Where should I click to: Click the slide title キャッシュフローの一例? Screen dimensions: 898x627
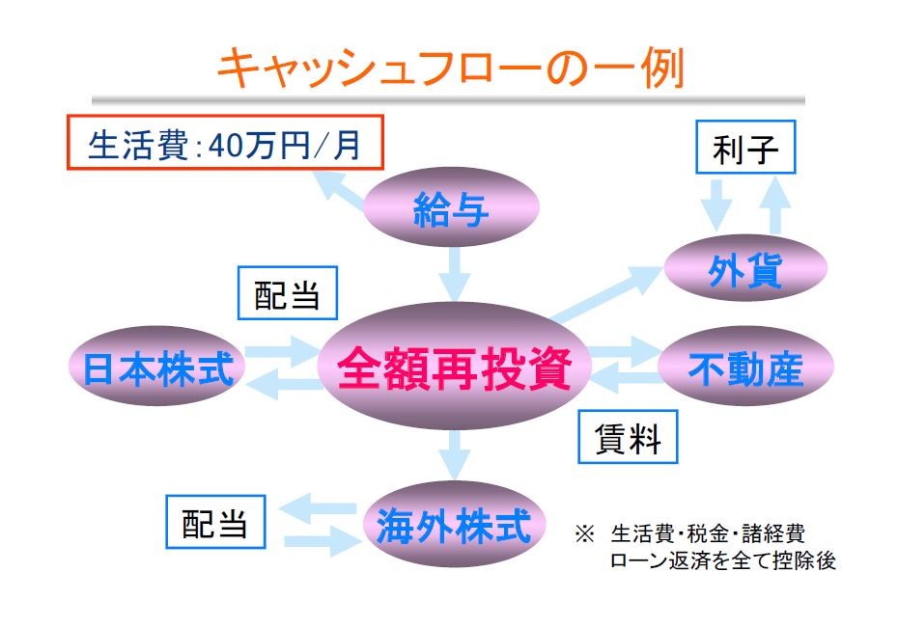tap(451, 68)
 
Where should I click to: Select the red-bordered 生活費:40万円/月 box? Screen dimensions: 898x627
tap(225, 143)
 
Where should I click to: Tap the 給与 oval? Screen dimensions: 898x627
tap(451, 207)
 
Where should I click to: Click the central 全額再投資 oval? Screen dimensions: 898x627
tap(454, 367)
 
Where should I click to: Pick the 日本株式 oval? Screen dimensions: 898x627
tap(157, 367)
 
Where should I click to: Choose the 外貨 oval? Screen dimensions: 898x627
tap(745, 268)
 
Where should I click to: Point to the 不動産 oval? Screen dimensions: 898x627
tap(745, 367)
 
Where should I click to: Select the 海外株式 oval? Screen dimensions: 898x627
tap(454, 525)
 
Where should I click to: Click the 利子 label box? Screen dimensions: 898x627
tap(745, 147)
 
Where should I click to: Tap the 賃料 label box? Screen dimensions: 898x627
tap(628, 437)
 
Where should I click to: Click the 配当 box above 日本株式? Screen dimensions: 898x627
tap(288, 293)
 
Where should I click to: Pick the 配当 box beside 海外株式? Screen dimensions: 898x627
tap(215, 522)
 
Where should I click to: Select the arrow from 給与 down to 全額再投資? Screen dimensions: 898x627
tap(455, 275)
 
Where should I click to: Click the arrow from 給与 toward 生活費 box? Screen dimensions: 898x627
tap(339, 188)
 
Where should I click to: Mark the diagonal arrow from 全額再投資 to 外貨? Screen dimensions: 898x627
tap(606, 294)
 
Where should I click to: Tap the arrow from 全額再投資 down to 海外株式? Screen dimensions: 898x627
tap(455, 455)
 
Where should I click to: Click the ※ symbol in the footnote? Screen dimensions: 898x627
tap(585, 534)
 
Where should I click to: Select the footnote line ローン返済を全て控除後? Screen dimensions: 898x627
tap(723, 560)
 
